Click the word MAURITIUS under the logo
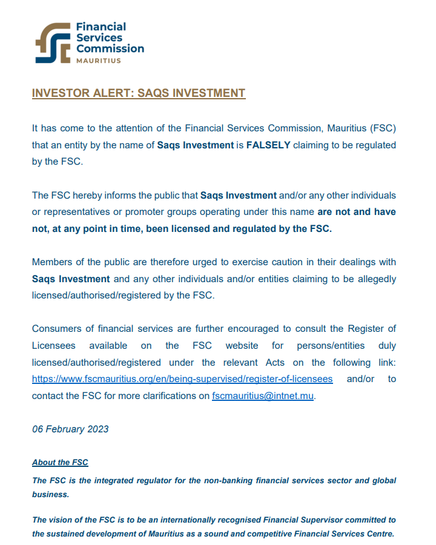click(x=98, y=61)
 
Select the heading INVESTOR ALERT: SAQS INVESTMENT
click(x=139, y=93)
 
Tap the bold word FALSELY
click(x=268, y=145)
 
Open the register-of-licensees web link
click(x=182, y=379)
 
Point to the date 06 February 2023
click(x=70, y=429)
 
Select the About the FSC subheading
click(x=60, y=462)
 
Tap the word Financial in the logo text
click(x=101, y=27)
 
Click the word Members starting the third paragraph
click(x=53, y=262)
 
